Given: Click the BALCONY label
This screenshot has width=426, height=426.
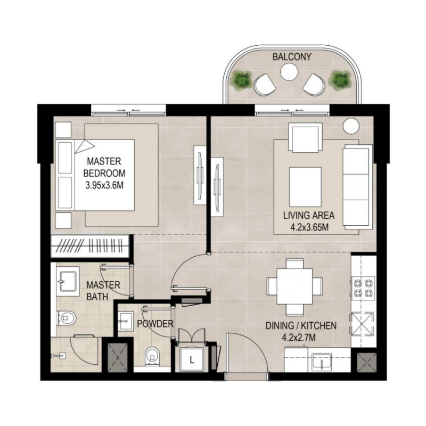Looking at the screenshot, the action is [x=292, y=57].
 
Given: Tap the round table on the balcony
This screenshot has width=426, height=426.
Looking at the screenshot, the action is [x=289, y=72].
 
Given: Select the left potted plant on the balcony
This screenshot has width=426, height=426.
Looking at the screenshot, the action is [x=241, y=79].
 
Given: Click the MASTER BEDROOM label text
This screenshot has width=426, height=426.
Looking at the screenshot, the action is [x=104, y=167].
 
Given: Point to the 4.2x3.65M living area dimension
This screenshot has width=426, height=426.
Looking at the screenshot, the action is [x=309, y=227].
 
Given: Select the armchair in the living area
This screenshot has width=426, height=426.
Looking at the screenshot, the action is [x=305, y=137].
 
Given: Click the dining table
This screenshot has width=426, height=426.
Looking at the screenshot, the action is [x=295, y=286].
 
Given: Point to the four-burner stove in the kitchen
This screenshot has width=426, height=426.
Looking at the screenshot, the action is [x=363, y=288].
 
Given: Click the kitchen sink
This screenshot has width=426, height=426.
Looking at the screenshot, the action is [x=322, y=362].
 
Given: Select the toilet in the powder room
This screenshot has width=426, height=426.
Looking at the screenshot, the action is [x=152, y=357].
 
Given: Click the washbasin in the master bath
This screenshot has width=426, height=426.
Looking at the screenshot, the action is [x=67, y=282].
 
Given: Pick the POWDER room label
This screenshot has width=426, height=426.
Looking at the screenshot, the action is [x=155, y=324].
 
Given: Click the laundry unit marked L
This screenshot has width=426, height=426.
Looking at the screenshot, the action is [x=192, y=359].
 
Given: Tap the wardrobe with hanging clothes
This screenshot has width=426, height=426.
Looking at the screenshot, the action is [x=90, y=246].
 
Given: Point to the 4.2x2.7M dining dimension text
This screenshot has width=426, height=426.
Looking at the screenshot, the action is [x=299, y=338].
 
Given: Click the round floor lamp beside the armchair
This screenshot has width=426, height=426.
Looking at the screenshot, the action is [x=351, y=126].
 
